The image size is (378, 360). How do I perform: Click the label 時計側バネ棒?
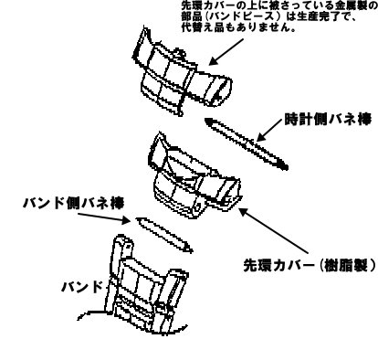point(328,120)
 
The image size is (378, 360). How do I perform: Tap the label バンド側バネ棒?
point(73,203)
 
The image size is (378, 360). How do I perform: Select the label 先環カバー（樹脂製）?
point(310,266)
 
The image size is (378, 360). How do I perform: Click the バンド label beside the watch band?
point(82,287)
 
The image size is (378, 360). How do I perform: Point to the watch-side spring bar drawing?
point(247,143)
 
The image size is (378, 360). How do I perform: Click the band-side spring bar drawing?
point(164,235)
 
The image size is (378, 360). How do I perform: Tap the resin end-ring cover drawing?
point(194,176)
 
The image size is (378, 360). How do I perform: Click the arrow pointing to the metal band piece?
point(226,51)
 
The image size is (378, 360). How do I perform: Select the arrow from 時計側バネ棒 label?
point(268,130)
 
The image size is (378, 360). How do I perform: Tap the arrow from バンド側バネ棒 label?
point(104,217)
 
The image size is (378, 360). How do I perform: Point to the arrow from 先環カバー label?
point(274,230)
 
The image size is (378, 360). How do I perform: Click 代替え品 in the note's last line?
point(201,27)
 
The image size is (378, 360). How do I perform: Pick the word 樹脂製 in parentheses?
point(343,266)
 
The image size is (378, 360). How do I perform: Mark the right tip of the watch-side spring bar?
point(287,167)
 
